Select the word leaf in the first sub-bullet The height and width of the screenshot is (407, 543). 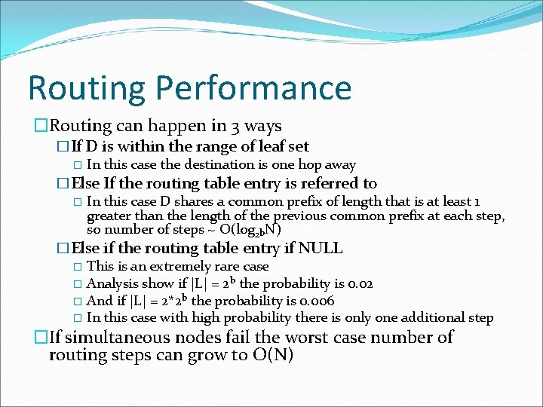(x=264, y=146)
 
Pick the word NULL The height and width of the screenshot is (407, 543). (x=321, y=248)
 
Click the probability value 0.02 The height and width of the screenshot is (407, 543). (x=358, y=283)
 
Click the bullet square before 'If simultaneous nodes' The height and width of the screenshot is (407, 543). (x=42, y=337)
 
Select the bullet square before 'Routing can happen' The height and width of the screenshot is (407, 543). (x=42, y=126)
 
